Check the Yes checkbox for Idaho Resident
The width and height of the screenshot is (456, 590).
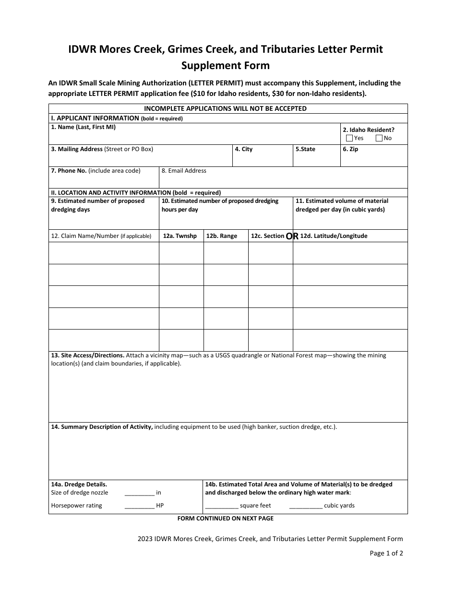(349, 138)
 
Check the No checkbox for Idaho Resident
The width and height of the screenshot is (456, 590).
(379, 138)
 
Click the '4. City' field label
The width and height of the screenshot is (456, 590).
(243, 149)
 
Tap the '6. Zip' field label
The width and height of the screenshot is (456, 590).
(350, 149)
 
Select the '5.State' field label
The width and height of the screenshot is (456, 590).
(305, 149)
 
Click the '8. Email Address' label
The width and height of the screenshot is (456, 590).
(184, 171)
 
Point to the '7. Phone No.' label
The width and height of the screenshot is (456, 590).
(69, 171)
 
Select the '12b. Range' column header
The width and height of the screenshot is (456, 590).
(222, 236)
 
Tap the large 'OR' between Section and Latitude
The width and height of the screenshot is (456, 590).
(292, 236)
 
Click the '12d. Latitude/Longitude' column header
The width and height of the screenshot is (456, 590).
(334, 236)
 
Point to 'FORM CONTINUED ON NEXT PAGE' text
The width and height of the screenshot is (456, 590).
(225, 519)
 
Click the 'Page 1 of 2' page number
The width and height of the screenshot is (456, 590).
(386, 553)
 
